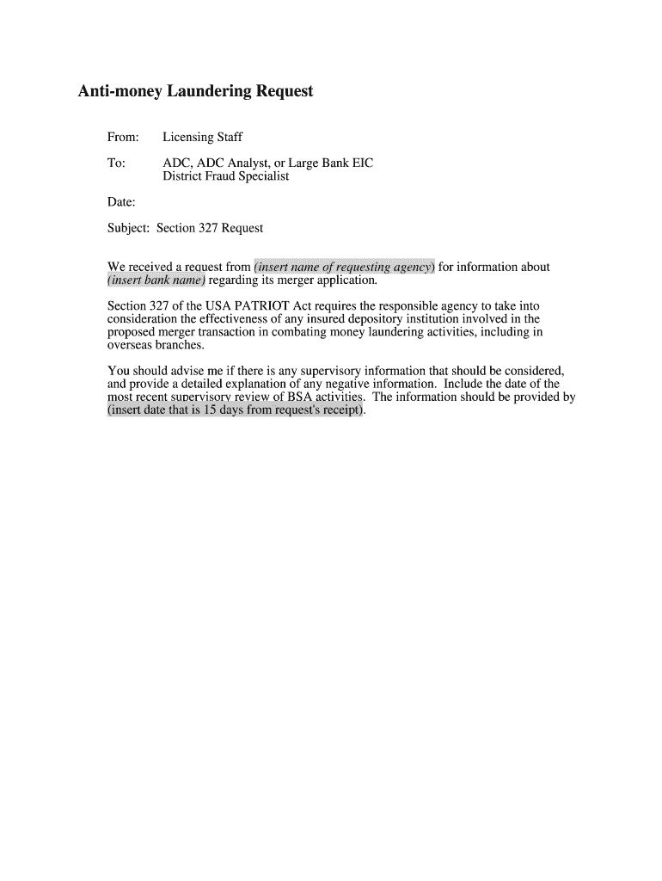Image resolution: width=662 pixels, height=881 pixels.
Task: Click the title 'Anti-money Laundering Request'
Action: pyautogui.click(x=196, y=90)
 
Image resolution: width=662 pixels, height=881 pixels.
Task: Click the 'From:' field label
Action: pyautogui.click(x=124, y=137)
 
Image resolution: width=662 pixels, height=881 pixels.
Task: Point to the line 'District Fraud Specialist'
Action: pyautogui.click(x=226, y=176)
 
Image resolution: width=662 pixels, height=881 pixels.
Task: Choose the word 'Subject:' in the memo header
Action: pyautogui.click(x=129, y=228)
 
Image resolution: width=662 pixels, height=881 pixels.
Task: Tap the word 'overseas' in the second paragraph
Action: pyautogui.click(x=130, y=345)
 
